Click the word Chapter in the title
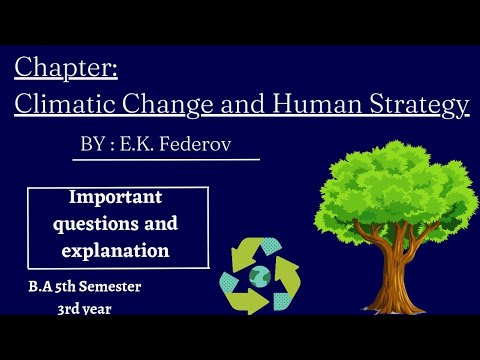[66, 69]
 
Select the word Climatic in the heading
[64, 104]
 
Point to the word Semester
[109, 287]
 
